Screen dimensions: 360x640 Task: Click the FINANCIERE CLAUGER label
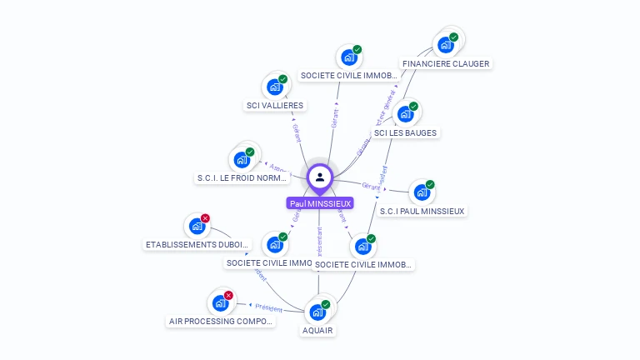446,63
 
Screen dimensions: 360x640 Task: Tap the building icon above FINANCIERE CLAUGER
444,45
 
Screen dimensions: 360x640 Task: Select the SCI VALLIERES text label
275,105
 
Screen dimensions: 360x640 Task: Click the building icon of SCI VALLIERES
274,87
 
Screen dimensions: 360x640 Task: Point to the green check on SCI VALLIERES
283,79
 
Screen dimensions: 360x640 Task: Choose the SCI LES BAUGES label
405,132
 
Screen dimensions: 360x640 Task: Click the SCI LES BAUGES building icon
404,113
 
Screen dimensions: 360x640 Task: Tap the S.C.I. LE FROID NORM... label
242,177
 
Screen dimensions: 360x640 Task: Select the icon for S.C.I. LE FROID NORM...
241,160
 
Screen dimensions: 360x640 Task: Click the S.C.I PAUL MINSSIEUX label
422,211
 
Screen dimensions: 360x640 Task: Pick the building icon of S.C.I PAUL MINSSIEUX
422,192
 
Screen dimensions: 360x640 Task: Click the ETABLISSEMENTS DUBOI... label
197,244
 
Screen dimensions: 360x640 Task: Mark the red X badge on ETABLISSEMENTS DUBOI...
206,218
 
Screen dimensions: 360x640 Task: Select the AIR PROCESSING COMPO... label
221,321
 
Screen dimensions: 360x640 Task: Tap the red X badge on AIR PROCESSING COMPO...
228,295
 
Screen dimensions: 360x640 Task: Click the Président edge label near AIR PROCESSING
269,307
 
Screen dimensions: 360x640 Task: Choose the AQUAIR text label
317,330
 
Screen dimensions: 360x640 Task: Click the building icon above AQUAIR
317,312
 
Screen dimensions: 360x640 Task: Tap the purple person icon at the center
320,177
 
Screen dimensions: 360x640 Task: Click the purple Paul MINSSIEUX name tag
320,202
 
